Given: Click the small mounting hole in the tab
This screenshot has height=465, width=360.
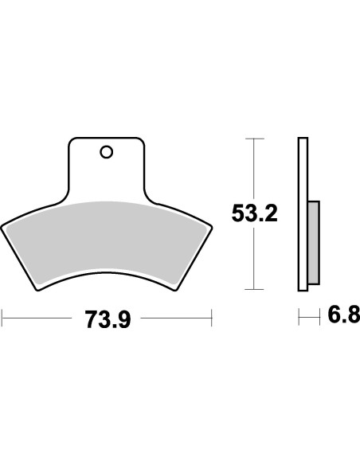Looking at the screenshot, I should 106,150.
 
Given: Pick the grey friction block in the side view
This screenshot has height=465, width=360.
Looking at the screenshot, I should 313,242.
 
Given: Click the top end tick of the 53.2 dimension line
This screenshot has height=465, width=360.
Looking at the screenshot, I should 253,139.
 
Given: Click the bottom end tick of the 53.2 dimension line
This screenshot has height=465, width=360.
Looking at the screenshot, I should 253,289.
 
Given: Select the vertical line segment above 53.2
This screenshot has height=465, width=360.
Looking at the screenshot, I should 253,167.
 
